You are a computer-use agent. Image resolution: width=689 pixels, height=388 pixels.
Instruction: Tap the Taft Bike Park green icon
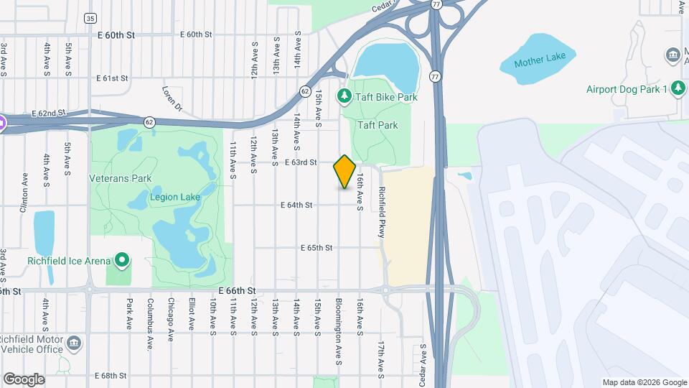point(344,96)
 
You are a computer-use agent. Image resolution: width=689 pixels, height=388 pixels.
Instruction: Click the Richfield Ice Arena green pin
point(122,260)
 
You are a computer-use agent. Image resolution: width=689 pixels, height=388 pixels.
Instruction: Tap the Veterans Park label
point(118,177)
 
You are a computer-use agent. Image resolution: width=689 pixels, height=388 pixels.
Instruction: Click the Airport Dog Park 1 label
point(627,88)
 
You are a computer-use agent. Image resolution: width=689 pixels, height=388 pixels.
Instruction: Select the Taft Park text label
point(378,125)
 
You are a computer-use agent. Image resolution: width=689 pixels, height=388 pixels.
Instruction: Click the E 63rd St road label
point(301,162)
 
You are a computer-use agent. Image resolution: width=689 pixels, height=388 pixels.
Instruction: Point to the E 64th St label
point(296,205)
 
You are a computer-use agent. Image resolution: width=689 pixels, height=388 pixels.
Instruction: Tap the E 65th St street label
point(317,247)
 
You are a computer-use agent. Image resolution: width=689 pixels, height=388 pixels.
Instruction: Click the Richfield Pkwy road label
point(382,212)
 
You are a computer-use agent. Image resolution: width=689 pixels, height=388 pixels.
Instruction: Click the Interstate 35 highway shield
point(90,18)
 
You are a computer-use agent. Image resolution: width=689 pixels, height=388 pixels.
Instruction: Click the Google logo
point(23,379)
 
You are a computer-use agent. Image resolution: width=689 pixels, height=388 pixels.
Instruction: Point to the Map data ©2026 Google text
point(644,382)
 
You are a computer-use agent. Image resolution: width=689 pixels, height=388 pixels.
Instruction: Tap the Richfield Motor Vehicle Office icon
point(73,343)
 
